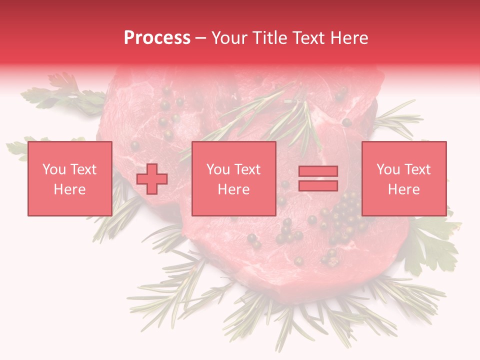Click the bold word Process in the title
coord(157,38)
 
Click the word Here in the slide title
coord(349,38)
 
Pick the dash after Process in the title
coord(201,38)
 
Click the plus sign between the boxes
coord(152,179)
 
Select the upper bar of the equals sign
coord(318,171)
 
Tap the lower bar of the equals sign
coord(318,186)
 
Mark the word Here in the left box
coord(69,189)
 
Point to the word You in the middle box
coord(218,169)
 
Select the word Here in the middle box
coord(233,189)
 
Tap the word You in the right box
coord(388,169)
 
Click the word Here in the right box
coord(403,189)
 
